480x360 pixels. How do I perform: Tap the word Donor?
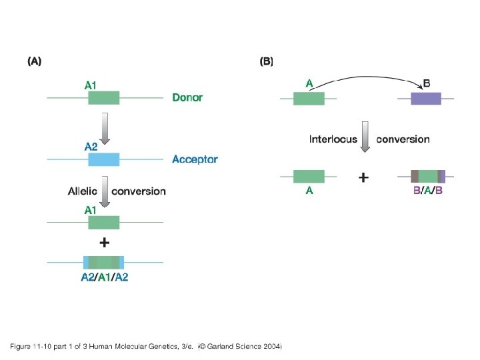(187, 97)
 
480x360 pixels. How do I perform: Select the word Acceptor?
(195, 159)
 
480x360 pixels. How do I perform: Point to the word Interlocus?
(333, 139)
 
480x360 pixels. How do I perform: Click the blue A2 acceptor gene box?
(103, 159)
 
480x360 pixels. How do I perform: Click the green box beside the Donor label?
(103, 98)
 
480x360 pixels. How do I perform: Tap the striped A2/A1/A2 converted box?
(103, 262)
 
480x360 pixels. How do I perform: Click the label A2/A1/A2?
(104, 278)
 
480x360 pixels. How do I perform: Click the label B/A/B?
(428, 191)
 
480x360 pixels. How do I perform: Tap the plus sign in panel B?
(363, 178)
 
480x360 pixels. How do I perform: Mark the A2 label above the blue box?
(91, 147)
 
